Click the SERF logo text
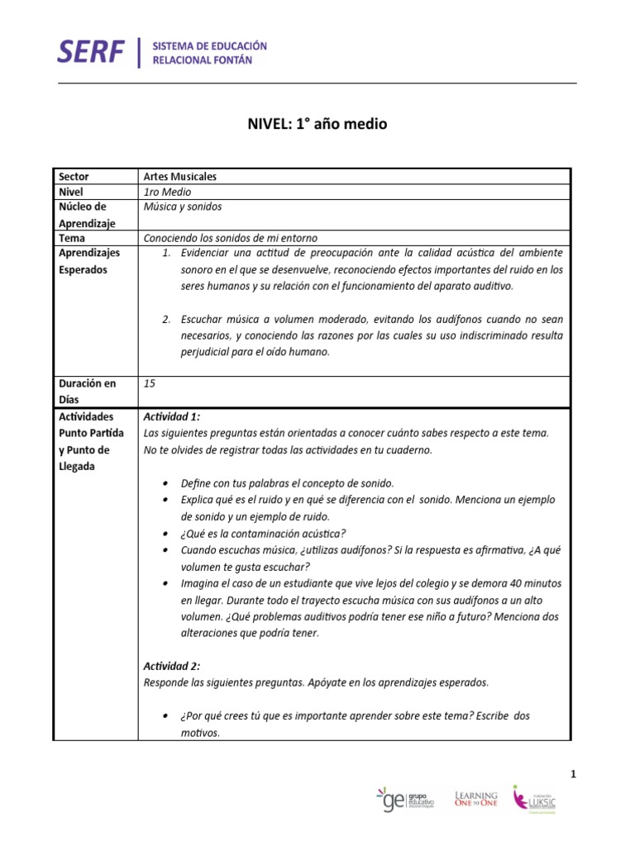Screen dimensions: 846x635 pyautogui.click(x=92, y=52)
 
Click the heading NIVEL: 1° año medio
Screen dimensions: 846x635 pyautogui.click(x=317, y=125)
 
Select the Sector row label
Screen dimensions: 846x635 pyautogui.click(x=74, y=176)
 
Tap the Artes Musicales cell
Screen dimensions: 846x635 pyautogui.click(x=181, y=176)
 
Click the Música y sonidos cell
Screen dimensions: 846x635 pyautogui.click(x=182, y=207)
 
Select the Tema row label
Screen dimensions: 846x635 pyautogui.click(x=72, y=238)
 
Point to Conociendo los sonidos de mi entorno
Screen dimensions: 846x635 pyautogui.click(x=230, y=238)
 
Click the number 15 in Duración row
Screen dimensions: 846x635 pyautogui.click(x=150, y=383)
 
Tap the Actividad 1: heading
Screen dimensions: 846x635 pyautogui.click(x=172, y=416)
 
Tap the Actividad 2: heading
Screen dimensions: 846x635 pyautogui.click(x=172, y=666)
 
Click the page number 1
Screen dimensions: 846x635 pyautogui.click(x=573, y=773)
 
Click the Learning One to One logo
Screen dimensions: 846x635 pyautogui.click(x=476, y=797)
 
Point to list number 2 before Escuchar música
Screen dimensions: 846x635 pyautogui.click(x=166, y=319)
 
